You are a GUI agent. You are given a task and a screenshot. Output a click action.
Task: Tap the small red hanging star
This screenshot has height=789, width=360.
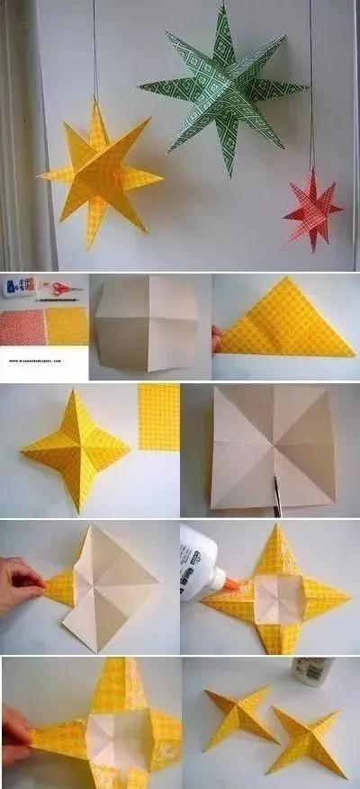point(312,212)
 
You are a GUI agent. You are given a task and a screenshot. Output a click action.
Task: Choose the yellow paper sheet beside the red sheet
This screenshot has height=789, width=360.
point(67,326)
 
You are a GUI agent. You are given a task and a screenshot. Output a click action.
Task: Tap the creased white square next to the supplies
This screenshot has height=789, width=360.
point(148,325)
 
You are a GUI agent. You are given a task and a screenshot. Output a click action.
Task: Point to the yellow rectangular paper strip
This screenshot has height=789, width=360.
point(159,417)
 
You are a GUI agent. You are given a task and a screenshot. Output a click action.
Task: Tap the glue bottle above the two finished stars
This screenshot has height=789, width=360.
point(312,671)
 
